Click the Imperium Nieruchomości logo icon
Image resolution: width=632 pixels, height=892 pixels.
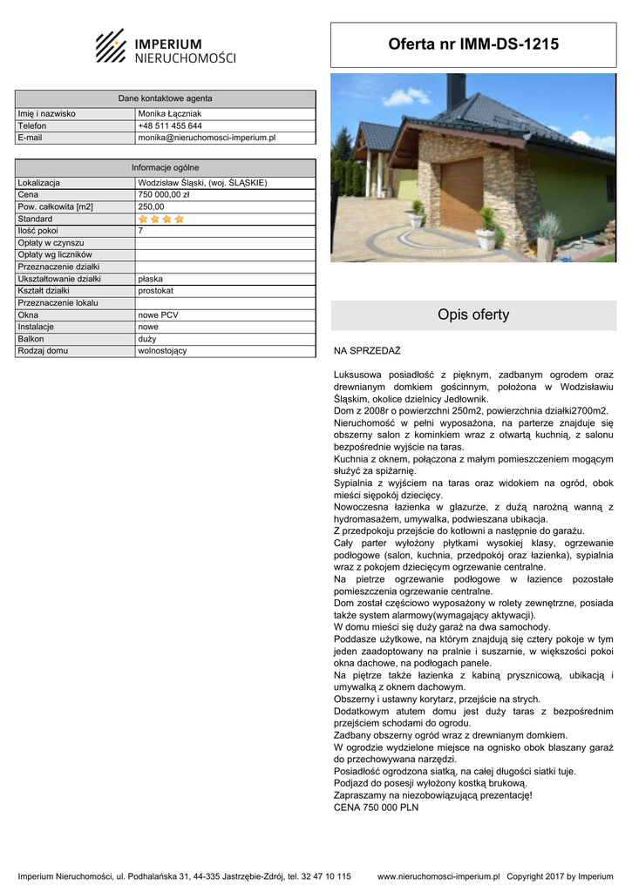click(111, 45)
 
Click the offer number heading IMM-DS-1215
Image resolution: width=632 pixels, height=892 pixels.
click(473, 44)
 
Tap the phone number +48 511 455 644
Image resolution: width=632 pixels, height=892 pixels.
click(170, 125)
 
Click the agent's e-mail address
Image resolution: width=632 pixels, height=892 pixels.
click(207, 138)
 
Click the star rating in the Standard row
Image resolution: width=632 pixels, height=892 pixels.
click(161, 220)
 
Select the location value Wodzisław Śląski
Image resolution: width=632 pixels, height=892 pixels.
click(202, 183)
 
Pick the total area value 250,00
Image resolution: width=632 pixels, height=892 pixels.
click(151, 207)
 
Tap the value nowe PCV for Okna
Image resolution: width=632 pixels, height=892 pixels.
click(159, 314)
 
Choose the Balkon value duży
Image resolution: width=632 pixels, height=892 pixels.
click(147, 339)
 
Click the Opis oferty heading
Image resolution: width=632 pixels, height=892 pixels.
click(473, 315)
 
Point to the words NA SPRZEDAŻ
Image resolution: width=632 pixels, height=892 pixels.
click(367, 351)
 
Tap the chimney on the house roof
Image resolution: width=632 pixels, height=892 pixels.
click(456, 90)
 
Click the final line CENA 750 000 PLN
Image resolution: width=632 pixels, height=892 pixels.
click(376, 808)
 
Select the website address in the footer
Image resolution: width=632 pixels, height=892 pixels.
click(438, 876)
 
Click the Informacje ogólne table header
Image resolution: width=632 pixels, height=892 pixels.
click(165, 167)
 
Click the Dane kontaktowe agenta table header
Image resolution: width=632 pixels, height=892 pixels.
click(165, 98)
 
